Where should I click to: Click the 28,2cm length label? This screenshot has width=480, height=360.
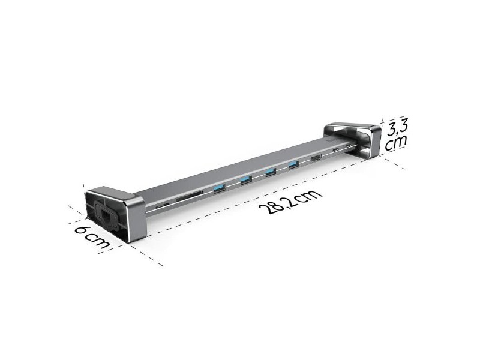tap(290, 202)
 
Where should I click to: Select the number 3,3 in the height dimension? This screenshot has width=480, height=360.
tap(397, 126)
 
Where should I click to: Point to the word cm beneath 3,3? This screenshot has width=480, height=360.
tap(396, 142)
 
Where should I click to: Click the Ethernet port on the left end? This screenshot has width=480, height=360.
tap(106, 216)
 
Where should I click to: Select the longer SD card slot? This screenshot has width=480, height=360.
tap(189, 196)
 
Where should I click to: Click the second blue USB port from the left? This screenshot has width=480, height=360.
tap(246, 181)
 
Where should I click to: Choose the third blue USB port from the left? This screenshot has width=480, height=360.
tap(271, 172)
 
